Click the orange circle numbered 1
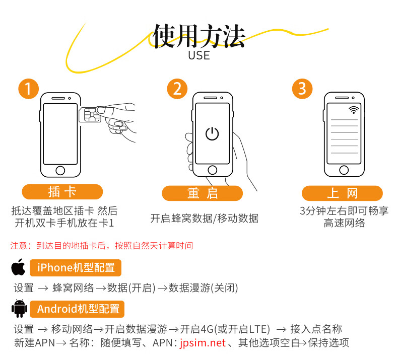point(28,89)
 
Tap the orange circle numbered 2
point(177,89)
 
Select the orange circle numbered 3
point(302,89)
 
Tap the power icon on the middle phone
point(212,133)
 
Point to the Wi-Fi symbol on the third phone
point(353,110)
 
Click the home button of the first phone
point(60,170)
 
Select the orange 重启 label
point(203,193)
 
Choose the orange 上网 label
point(342,193)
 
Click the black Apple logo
point(19,267)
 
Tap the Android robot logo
point(19,309)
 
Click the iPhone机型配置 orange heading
point(76,268)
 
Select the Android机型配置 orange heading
point(77,309)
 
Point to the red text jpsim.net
point(203,343)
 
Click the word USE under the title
point(199,55)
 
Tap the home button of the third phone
point(344,170)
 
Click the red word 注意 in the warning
point(19,246)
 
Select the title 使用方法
point(199,36)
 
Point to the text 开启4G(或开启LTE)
point(225,329)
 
